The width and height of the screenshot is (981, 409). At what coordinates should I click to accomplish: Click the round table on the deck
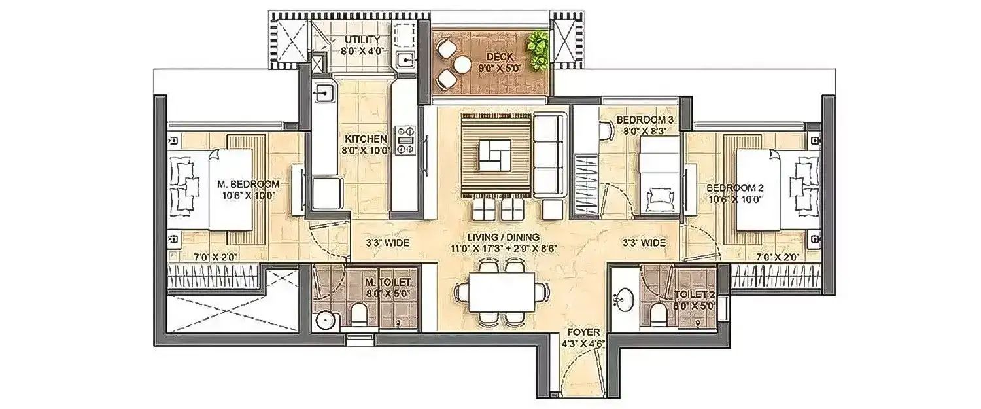(462, 64)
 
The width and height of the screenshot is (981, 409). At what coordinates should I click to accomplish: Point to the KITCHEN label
(366, 139)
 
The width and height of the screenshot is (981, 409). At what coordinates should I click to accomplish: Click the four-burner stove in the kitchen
(405, 139)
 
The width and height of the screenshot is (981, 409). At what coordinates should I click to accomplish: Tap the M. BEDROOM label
(248, 184)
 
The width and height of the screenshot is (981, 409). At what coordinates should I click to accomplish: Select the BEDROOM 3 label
(645, 120)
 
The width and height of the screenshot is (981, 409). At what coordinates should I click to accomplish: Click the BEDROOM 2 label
(735, 187)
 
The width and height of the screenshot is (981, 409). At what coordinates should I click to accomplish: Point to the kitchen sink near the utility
(323, 94)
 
